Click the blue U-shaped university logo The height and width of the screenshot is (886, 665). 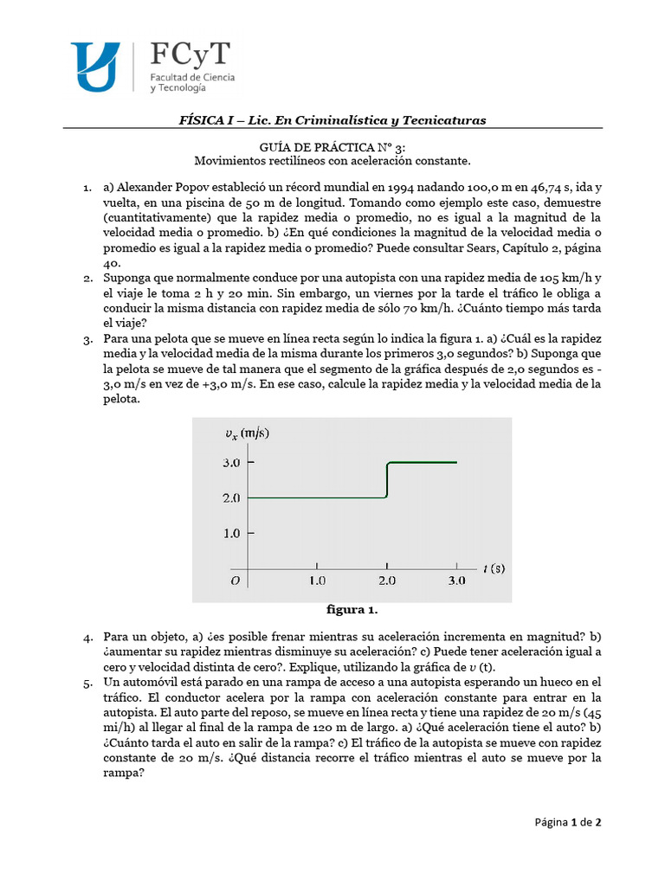tap(94, 67)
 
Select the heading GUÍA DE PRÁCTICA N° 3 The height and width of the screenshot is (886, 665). tap(332, 147)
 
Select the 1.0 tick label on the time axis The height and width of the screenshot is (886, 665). tap(317, 581)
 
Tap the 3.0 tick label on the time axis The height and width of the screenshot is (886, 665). tap(455, 581)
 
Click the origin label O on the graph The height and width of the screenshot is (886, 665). tap(234, 581)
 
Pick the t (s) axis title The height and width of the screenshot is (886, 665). tap(494, 568)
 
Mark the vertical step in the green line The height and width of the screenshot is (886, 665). tap(387, 480)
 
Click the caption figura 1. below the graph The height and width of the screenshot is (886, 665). tap(352, 610)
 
